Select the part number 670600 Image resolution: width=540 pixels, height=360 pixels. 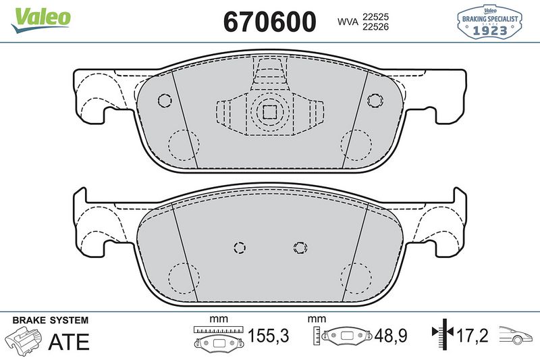(269, 22)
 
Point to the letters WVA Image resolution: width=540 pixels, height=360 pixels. (348, 21)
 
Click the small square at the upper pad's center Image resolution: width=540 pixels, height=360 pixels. (270, 111)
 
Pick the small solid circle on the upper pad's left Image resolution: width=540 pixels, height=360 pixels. (164, 101)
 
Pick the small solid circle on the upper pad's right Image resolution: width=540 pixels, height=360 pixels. (375, 101)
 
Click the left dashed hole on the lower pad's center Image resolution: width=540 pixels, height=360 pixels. (238, 247)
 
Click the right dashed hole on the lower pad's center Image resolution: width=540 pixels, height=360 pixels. (300, 247)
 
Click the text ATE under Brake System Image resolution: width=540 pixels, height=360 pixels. (69, 342)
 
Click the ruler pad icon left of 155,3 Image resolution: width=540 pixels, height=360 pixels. (217, 336)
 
